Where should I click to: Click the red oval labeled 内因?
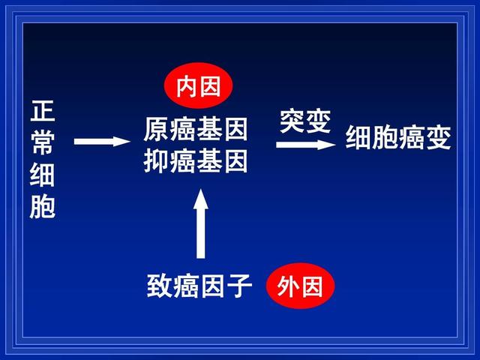(198, 85)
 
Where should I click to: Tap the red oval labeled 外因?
(300, 286)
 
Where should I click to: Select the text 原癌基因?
(196, 130)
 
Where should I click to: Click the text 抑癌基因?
(196, 161)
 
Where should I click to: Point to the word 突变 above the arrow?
(305, 121)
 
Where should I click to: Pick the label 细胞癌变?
(398, 137)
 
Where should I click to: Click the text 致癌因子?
(199, 286)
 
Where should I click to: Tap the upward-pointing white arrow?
(201, 223)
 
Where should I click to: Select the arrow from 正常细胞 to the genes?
(102, 142)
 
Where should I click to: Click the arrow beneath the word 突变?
(306, 145)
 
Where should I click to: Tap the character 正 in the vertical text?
(43, 111)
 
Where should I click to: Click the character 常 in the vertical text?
(43, 142)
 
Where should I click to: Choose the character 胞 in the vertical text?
(43, 207)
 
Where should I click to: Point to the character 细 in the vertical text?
(43, 175)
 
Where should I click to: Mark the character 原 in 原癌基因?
(157, 130)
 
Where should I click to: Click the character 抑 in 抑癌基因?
(157, 161)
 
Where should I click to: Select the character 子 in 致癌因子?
(239, 286)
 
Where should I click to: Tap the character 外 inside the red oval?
(288, 286)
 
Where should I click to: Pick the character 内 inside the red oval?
(187, 87)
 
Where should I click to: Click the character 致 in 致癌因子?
(160, 286)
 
